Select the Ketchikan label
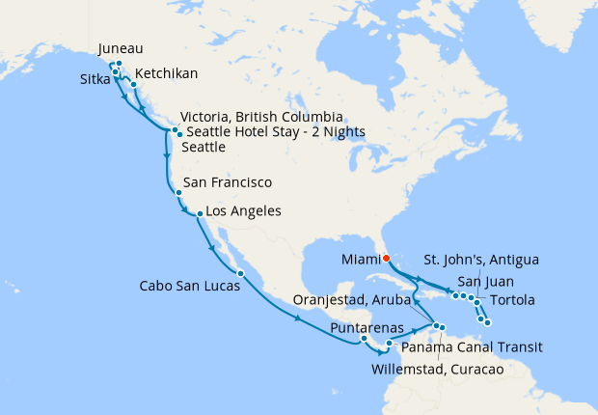click(x=167, y=74)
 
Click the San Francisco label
click(x=227, y=182)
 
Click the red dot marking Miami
click(x=385, y=258)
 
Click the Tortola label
click(x=512, y=301)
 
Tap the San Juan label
click(x=470, y=282)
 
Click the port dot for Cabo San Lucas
click(x=240, y=274)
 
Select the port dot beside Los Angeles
click(x=199, y=213)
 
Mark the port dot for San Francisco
click(x=178, y=193)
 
